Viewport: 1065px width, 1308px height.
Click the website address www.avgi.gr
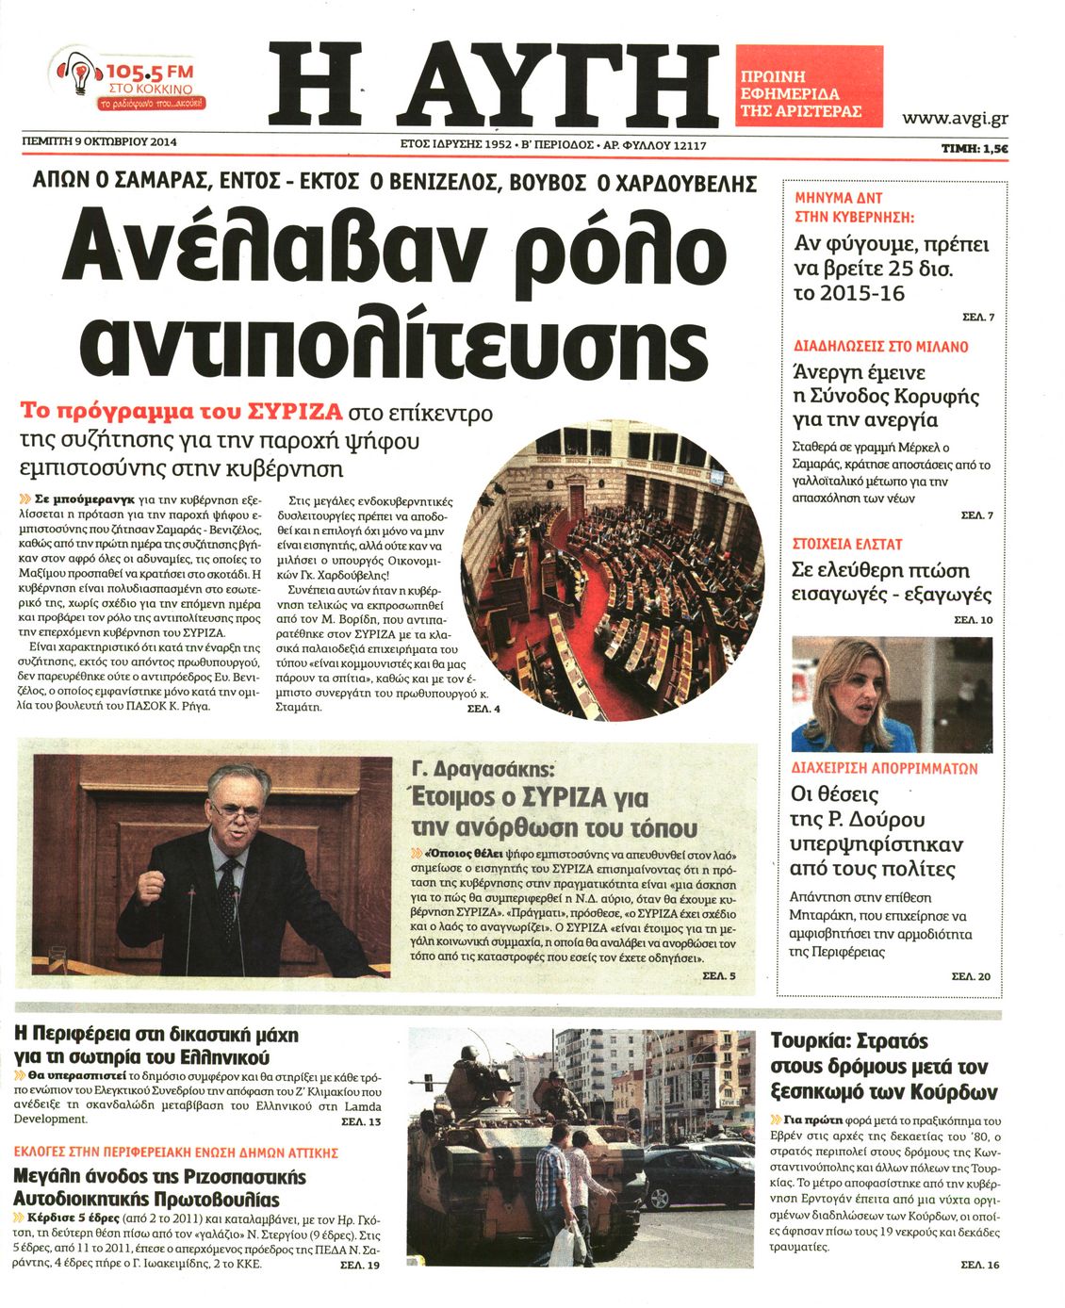pyautogui.click(x=955, y=118)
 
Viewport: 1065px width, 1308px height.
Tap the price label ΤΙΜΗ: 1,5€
pyautogui.click(x=975, y=148)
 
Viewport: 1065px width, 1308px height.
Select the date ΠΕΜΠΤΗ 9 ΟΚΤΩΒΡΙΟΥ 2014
pyautogui.click(x=100, y=142)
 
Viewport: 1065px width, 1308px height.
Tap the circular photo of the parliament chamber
pyautogui.click(x=613, y=570)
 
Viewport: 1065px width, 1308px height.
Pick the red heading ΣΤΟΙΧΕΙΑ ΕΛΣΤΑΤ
pyautogui.click(x=848, y=544)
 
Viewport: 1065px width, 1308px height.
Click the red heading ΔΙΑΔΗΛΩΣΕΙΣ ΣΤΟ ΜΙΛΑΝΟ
pyautogui.click(x=881, y=346)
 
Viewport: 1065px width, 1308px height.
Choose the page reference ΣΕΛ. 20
pyautogui.click(x=971, y=976)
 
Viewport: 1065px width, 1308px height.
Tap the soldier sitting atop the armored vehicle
pyautogui.click(x=474, y=1081)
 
